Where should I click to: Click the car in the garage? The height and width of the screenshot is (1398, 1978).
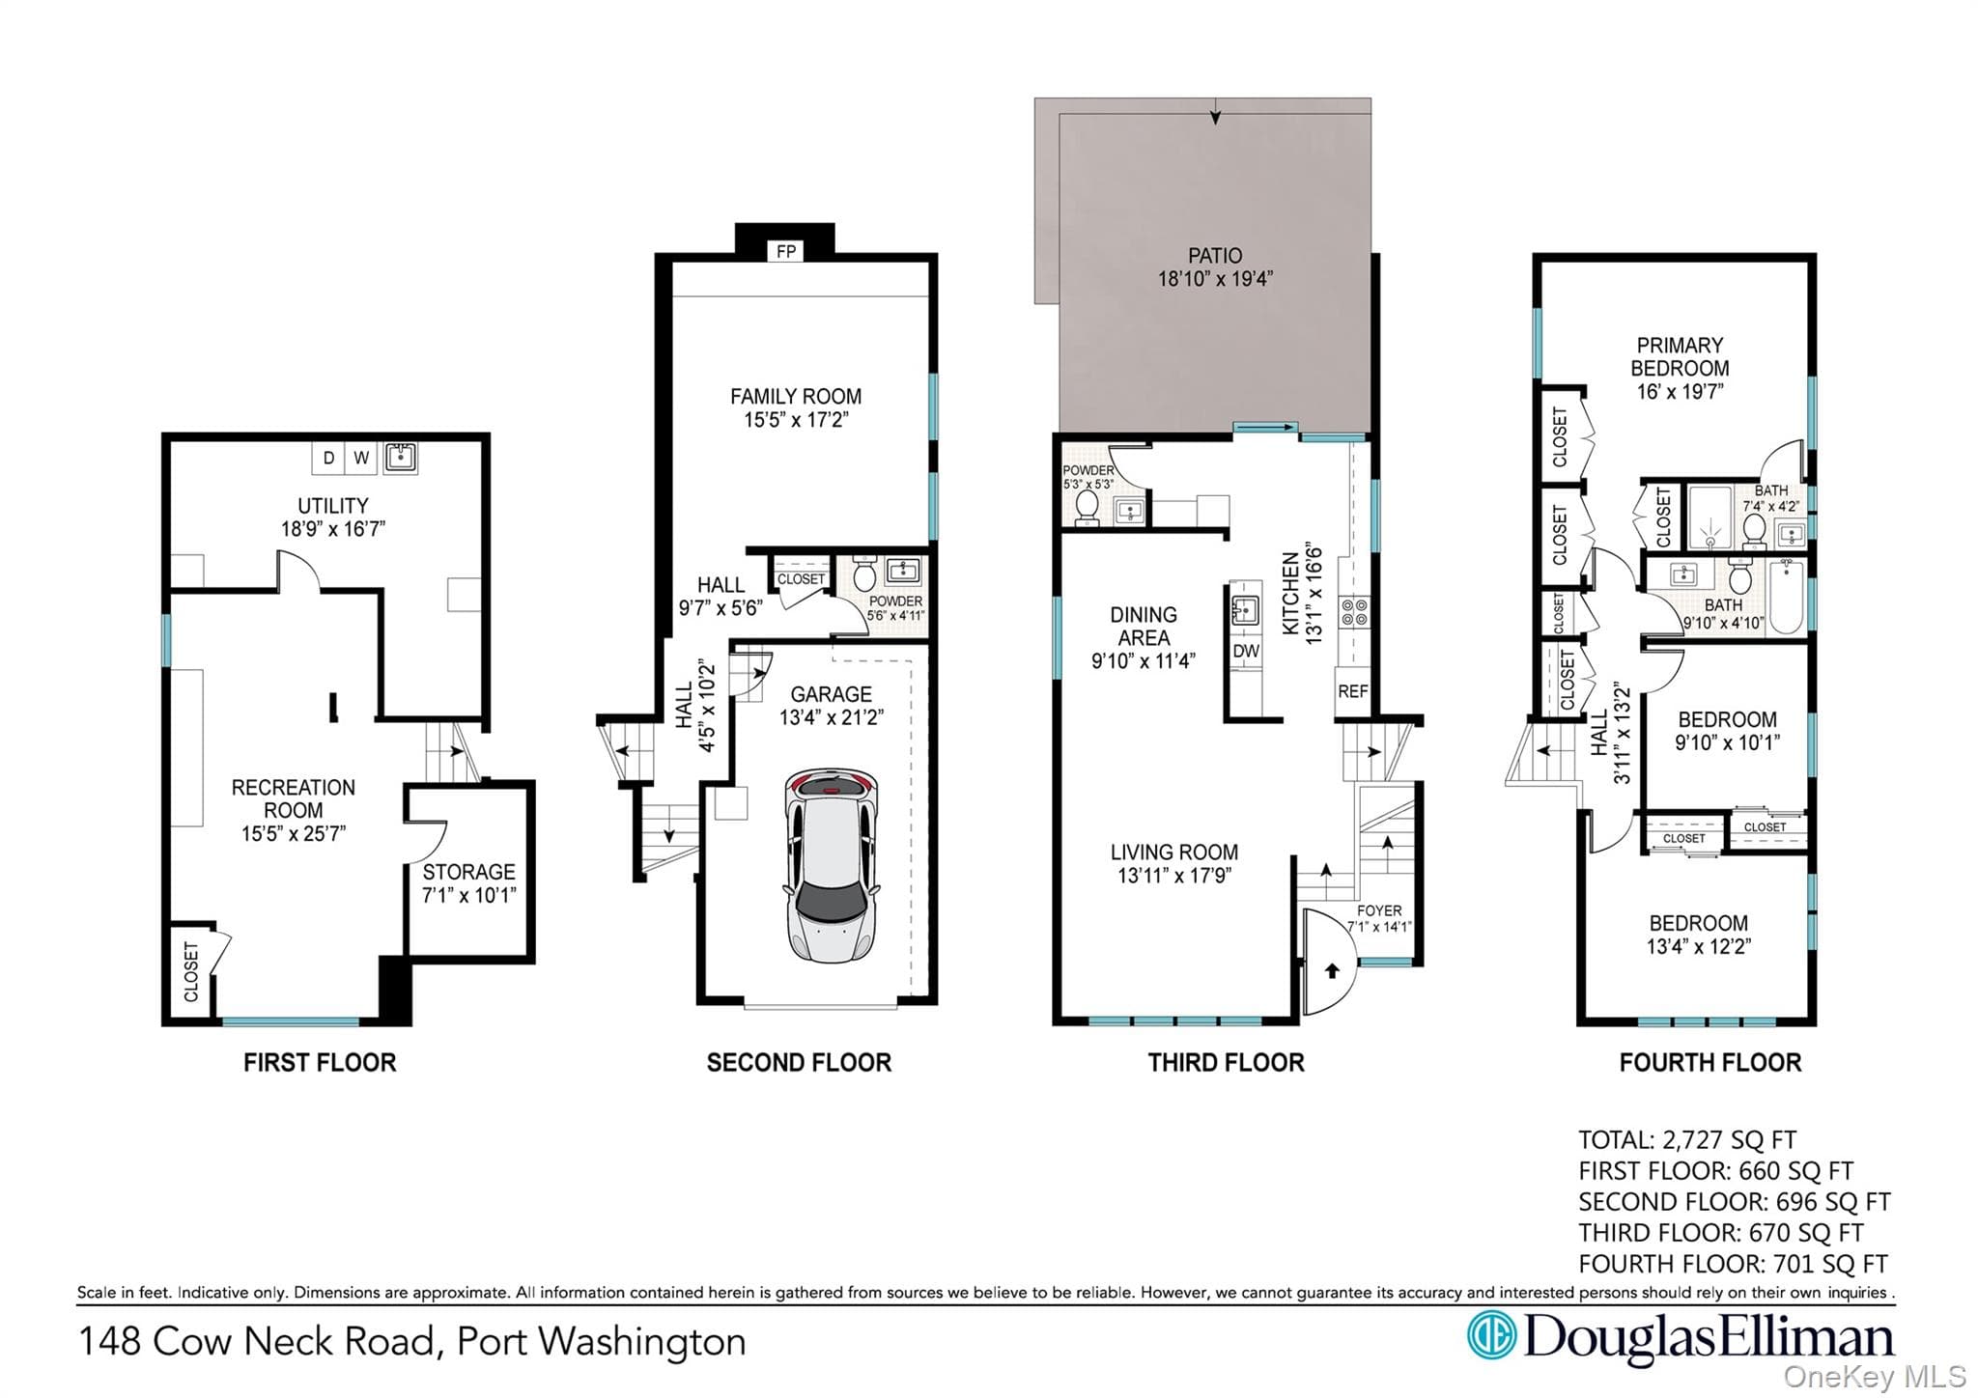coord(832,866)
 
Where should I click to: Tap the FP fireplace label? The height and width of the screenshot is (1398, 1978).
coord(786,252)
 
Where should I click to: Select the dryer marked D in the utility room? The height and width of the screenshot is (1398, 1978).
coord(328,458)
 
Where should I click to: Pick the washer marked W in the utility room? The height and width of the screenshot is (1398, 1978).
coord(361,458)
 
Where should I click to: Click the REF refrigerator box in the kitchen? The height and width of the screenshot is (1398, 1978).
coord(1352,691)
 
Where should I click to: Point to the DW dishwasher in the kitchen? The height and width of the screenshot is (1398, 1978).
coord(1246,651)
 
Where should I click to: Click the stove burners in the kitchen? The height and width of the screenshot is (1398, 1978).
coord(1352,612)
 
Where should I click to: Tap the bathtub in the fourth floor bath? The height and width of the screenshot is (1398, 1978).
coord(1787,597)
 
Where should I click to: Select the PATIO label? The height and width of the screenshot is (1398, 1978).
coord(1215,256)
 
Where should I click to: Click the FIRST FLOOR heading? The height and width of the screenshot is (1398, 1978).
coord(320,1063)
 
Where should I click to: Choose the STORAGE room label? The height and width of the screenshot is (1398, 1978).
coord(468,872)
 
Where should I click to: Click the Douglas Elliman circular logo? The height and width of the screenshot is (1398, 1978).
coord(1491,1335)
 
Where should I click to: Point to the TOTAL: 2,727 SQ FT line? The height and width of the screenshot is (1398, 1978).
coord(1687,1140)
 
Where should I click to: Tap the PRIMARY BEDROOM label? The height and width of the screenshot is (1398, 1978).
coord(1680,356)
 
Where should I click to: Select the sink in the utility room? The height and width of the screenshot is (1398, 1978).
coord(401,457)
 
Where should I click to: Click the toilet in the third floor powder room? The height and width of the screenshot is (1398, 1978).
coord(1087,508)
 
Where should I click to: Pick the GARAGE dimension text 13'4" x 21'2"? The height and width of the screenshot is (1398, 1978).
coord(832,717)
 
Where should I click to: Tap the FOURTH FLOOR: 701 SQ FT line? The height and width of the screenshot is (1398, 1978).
coord(1733,1264)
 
